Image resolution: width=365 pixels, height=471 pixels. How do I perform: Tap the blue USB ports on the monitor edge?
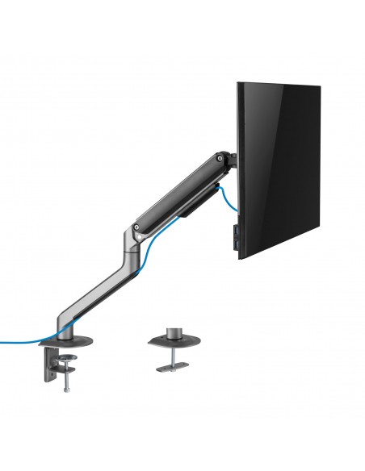[x=235, y=235]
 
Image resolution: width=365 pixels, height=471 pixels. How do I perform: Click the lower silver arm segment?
[x=100, y=281]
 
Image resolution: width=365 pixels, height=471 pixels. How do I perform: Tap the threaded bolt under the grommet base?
[x=170, y=355]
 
